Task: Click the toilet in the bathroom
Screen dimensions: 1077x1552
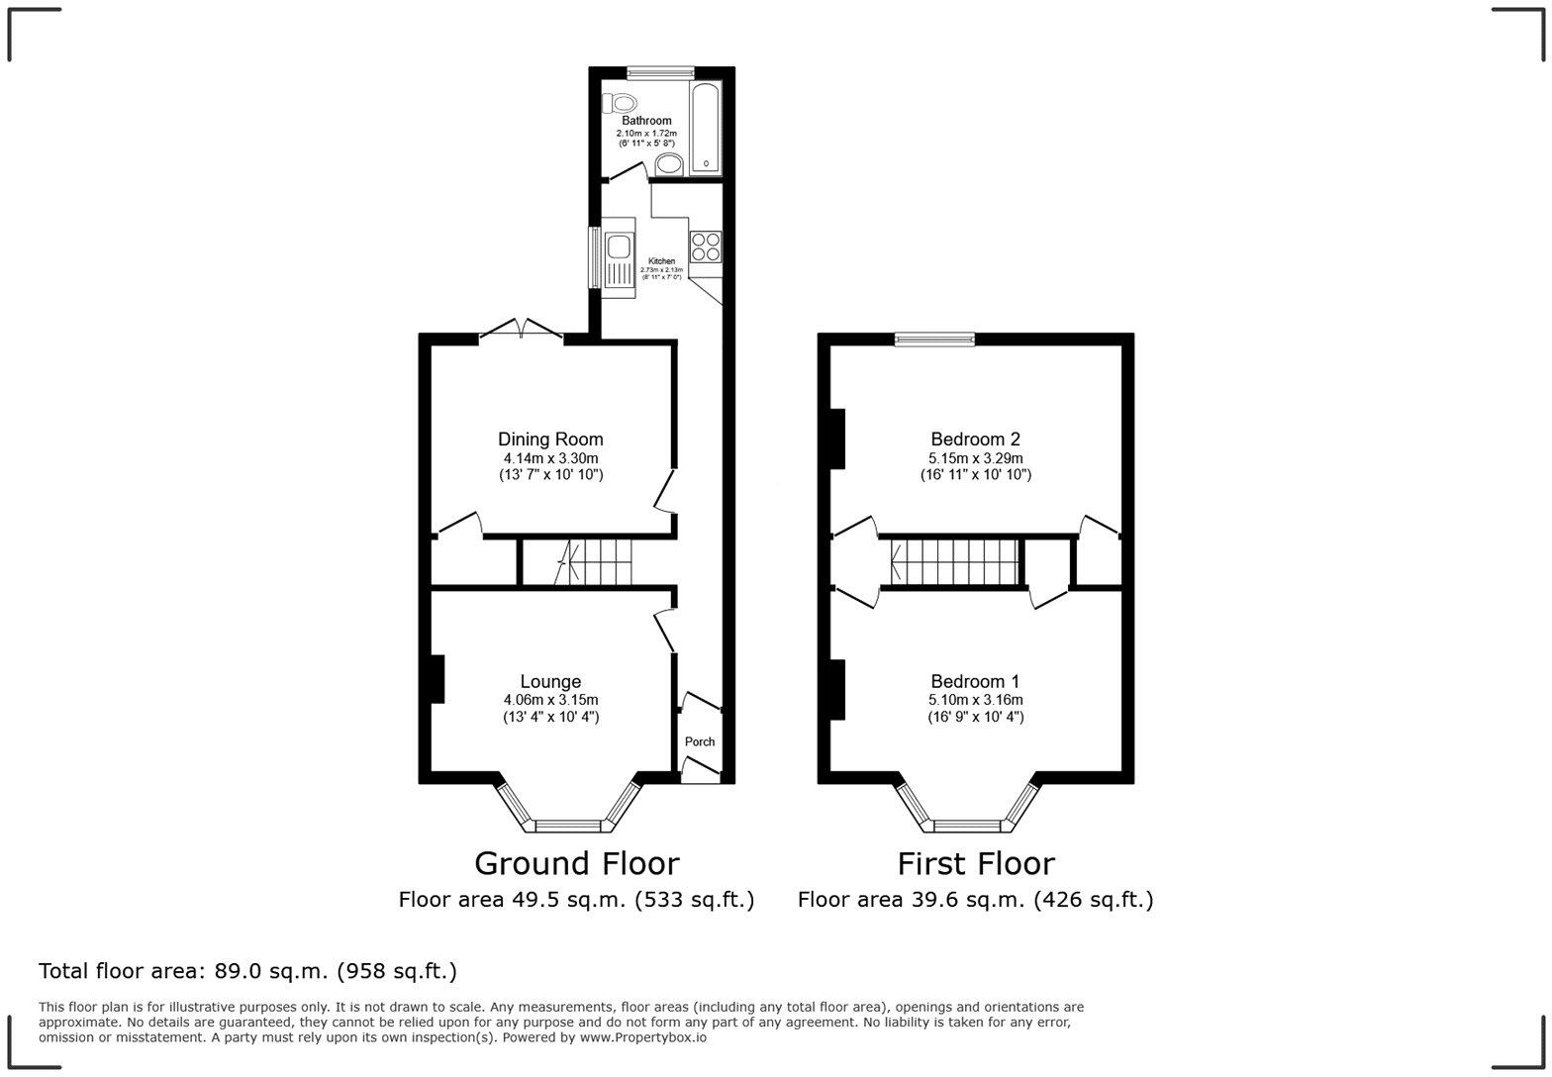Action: [621, 102]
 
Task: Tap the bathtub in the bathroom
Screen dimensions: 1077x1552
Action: [706, 127]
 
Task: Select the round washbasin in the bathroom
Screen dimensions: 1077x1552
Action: [669, 164]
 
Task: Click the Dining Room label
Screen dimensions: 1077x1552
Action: [550, 440]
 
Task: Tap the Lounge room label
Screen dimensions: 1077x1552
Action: [550, 681]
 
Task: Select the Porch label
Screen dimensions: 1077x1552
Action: [700, 741]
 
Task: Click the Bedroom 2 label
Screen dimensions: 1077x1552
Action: [975, 440]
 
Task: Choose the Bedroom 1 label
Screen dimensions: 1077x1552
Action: [975, 681]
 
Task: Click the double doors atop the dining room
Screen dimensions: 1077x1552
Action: [522, 331]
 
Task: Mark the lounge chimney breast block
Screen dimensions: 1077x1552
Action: [437, 679]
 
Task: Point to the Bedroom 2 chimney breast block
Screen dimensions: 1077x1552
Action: [837, 439]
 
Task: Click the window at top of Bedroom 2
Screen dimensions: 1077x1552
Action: [934, 340]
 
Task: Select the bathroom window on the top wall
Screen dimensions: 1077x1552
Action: [660, 71]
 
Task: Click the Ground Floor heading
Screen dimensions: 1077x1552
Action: [576, 863]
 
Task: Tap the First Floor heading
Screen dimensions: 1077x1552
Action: [975, 863]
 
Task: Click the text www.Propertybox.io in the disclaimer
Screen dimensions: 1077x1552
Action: [642, 1037]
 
